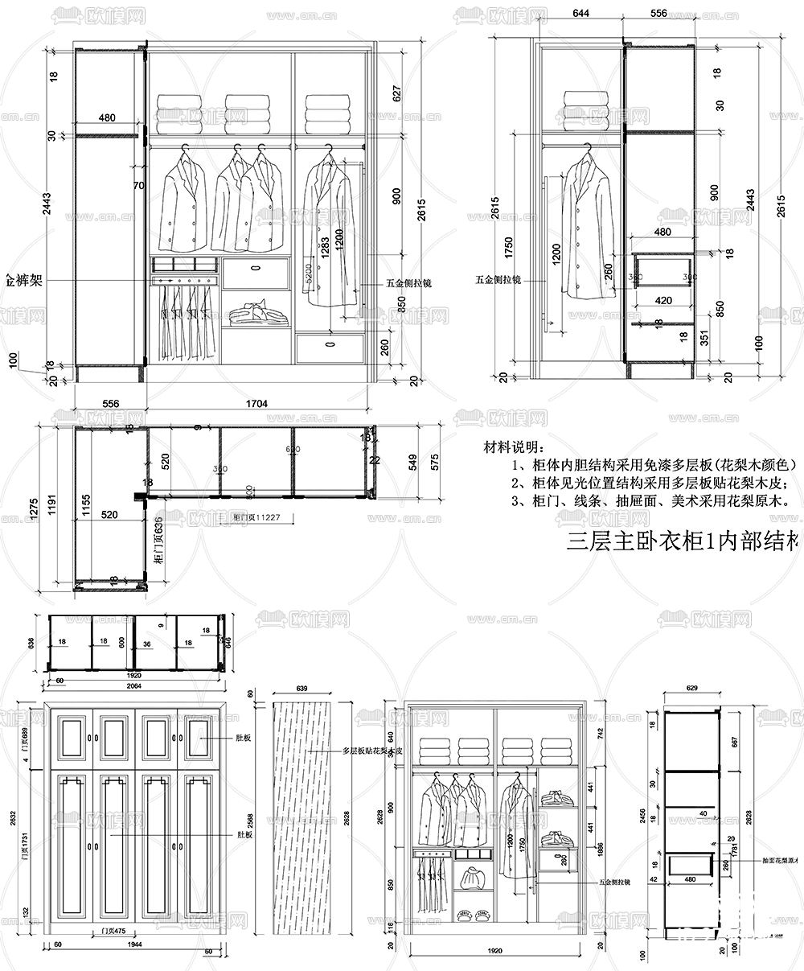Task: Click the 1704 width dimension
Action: pyautogui.click(x=256, y=403)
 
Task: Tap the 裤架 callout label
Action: pyautogui.click(x=24, y=281)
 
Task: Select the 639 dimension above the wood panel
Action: pyautogui.click(x=302, y=689)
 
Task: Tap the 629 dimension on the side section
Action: pyautogui.click(x=692, y=689)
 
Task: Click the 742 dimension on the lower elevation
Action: pyautogui.click(x=600, y=733)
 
